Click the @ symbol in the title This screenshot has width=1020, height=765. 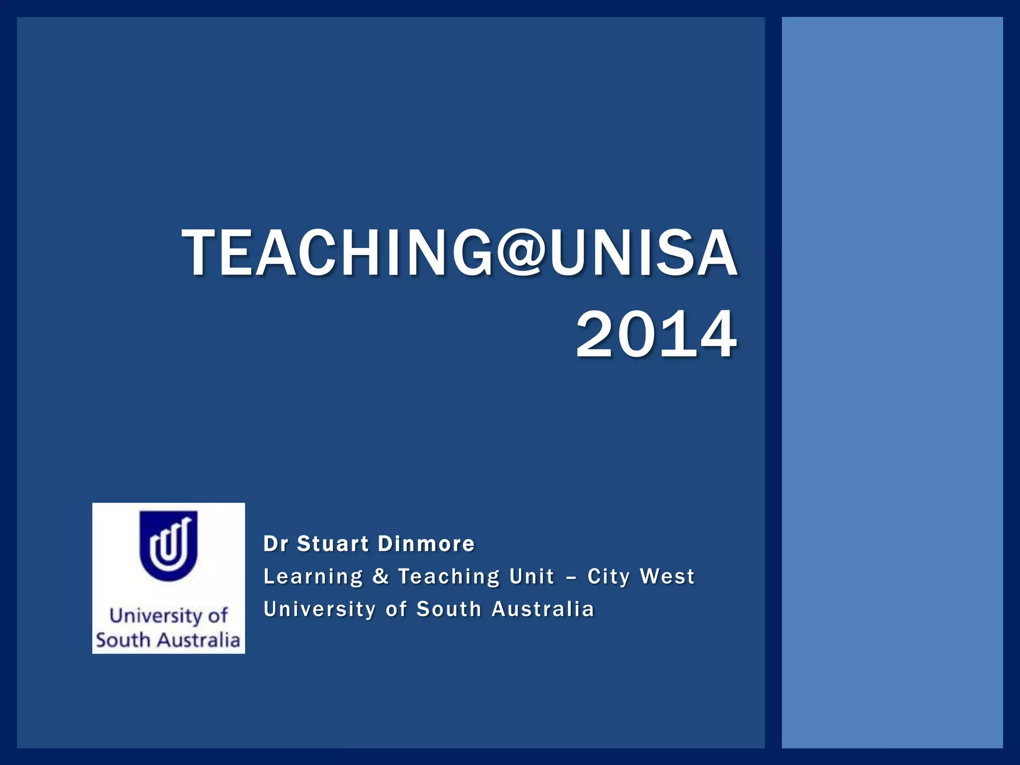pos(520,253)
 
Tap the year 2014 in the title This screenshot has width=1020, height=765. pos(656,334)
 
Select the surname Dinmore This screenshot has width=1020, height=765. pos(426,543)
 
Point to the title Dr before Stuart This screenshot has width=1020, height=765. pos(275,543)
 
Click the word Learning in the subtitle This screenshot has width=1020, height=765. pos(313,577)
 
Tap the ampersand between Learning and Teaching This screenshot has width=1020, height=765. pos(381,576)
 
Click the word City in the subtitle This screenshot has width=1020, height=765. pos(609,577)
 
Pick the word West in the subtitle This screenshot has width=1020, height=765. pos(667,576)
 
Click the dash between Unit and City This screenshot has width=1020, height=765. pos(571,577)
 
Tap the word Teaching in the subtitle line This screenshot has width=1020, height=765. pos(449,577)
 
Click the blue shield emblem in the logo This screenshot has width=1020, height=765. pos(168,545)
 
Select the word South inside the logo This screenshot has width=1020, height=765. pos(123,640)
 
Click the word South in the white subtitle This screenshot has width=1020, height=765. pos(449,609)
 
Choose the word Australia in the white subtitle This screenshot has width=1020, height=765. pos(543,609)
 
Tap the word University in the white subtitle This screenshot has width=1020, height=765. pos(319,610)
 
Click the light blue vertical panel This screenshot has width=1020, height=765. pos(892,382)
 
